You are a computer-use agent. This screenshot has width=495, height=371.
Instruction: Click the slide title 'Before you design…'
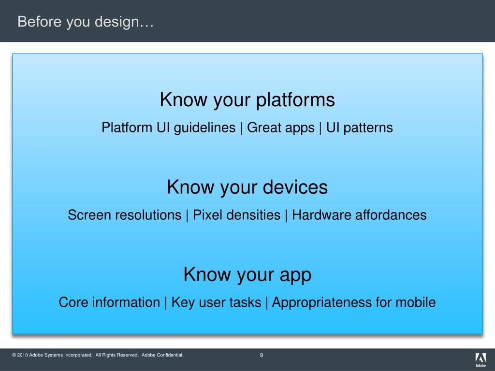86,22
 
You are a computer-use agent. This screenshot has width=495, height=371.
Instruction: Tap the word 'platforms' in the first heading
295,100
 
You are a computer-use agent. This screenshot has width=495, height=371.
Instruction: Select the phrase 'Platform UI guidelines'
169,128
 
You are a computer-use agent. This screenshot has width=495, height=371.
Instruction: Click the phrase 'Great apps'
281,128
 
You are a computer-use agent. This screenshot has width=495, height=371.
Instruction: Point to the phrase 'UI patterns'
359,128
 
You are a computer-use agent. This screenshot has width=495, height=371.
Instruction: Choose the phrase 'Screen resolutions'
125,215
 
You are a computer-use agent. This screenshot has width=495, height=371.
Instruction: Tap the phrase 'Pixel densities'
236,215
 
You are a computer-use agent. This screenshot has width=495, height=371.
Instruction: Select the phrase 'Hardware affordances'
359,215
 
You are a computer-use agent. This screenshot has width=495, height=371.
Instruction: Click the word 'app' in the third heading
295,275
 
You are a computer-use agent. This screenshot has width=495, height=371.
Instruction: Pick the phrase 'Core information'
109,302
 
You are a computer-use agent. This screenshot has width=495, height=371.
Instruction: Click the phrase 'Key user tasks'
216,302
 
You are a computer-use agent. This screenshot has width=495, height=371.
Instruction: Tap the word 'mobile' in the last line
415,302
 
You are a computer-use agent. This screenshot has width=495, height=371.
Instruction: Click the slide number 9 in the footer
262,355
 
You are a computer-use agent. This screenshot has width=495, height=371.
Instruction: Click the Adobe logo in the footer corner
480,360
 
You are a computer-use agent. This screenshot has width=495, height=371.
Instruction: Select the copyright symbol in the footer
14,355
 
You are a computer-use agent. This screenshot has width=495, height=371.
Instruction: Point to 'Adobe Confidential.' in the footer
162,355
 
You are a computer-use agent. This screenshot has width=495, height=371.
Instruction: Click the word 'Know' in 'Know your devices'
190,187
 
